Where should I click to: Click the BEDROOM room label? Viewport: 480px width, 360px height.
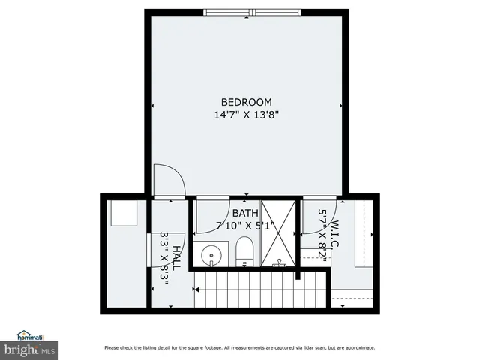[x=246, y=102]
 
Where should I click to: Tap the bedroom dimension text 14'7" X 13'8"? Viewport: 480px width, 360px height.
[x=247, y=115]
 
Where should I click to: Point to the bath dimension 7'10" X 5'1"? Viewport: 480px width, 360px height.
[x=246, y=225]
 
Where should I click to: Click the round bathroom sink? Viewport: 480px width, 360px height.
[x=212, y=255]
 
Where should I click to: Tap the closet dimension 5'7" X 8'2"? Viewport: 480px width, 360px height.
[x=322, y=233]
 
